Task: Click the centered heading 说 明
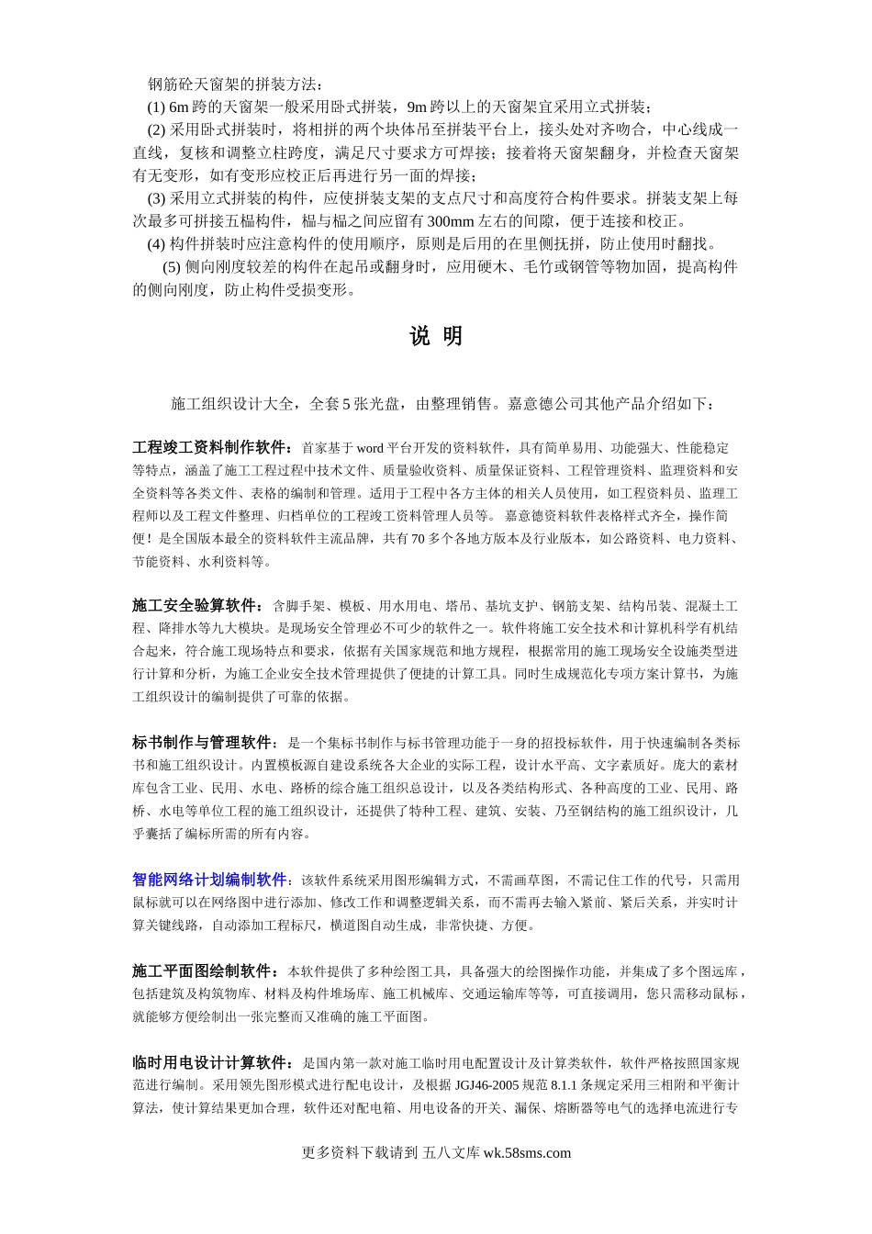click(436, 337)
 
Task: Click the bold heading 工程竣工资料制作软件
click(211, 448)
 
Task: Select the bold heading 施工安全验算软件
click(196, 606)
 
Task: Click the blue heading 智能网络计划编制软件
click(210, 880)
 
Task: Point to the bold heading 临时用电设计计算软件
click(211, 1063)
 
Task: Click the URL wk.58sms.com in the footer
click(526, 1153)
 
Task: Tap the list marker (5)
click(172, 267)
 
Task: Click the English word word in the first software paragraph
click(370, 448)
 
